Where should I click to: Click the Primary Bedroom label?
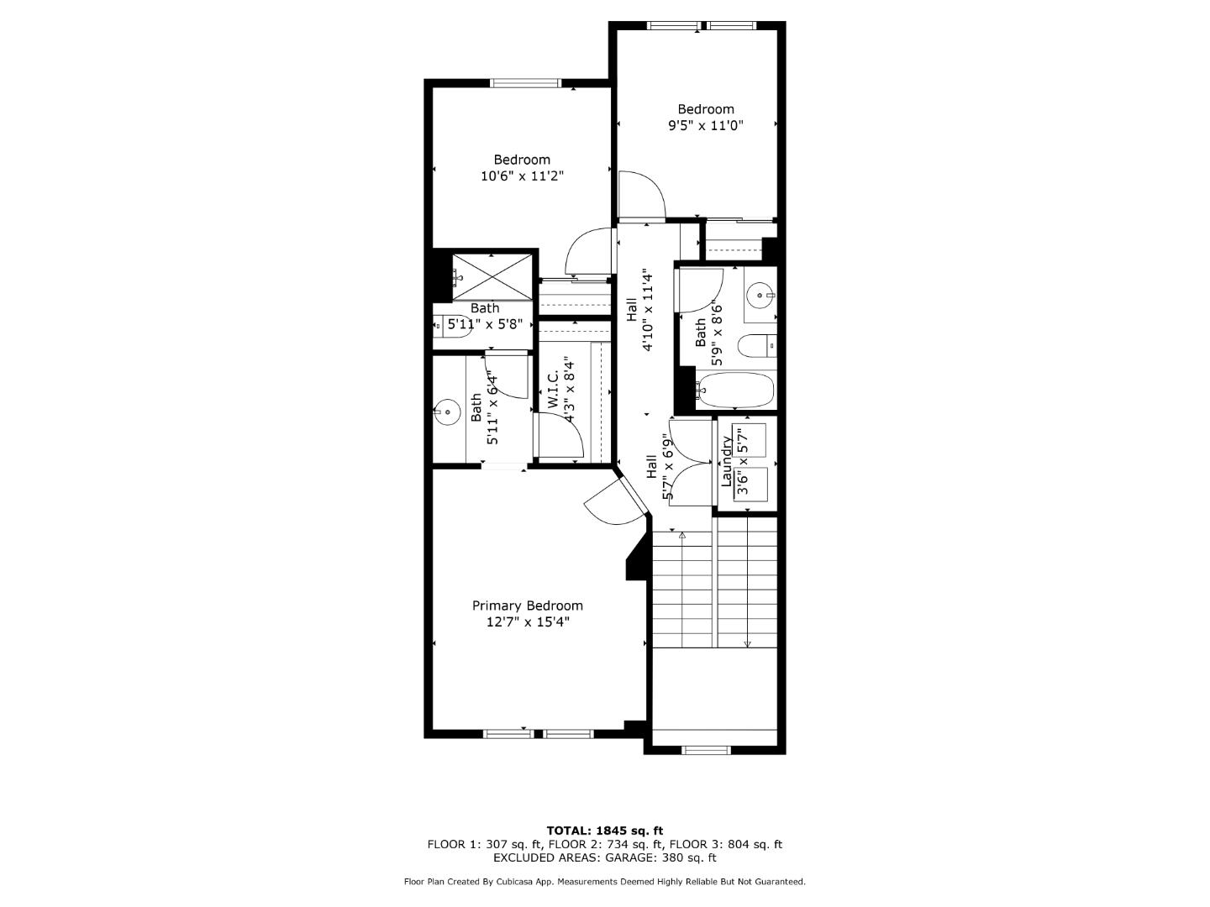click(x=527, y=606)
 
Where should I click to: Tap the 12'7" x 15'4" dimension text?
click(x=527, y=622)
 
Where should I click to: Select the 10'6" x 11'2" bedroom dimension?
click(x=521, y=176)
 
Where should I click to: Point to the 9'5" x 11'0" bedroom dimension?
click(x=705, y=125)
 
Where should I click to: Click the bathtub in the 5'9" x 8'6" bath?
click(x=735, y=391)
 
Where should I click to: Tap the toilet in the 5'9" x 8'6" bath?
click(x=754, y=345)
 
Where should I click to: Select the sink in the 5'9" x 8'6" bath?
click(x=761, y=295)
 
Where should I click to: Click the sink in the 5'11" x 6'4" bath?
click(x=448, y=412)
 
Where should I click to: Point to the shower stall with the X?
click(x=492, y=275)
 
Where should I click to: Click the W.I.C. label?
click(x=554, y=391)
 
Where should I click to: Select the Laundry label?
click(x=726, y=461)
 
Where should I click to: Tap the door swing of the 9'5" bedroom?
click(x=641, y=195)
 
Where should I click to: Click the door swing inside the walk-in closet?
click(x=560, y=437)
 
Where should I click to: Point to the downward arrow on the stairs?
click(x=746, y=643)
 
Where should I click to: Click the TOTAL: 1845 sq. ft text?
click(x=604, y=831)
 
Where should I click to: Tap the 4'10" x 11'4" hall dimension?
click(x=647, y=312)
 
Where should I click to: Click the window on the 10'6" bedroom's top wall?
click(x=525, y=83)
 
